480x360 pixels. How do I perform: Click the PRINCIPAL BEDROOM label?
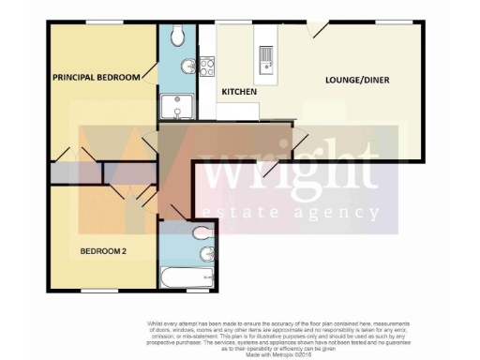coord(96,77)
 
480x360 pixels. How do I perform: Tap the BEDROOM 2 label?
coord(103,250)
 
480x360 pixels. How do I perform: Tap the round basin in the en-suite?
coord(189,66)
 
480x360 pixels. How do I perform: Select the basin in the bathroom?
coord(208,254)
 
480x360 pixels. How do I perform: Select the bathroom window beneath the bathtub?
coord(187,292)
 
